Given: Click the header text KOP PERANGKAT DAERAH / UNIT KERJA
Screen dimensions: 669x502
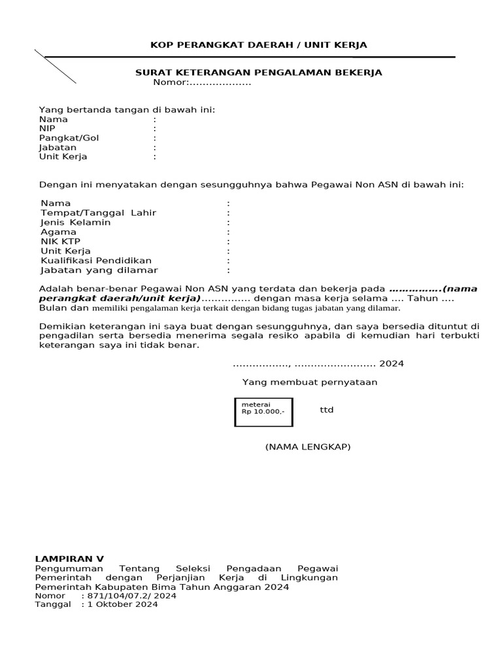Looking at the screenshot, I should [x=259, y=45].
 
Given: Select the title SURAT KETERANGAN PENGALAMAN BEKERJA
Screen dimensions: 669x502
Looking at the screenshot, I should [x=258, y=73].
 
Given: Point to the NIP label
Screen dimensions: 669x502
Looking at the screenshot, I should [x=48, y=129].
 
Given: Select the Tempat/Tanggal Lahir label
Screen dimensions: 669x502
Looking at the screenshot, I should [x=98, y=213].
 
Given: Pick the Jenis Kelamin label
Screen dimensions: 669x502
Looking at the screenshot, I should [x=75, y=222].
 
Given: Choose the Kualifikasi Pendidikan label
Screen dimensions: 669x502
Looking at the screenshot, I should [x=96, y=260].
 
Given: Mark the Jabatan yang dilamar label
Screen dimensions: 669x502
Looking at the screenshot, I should [x=99, y=270].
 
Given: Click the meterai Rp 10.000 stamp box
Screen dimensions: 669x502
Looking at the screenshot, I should [x=263, y=412].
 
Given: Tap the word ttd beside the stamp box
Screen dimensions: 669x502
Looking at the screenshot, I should [x=326, y=410].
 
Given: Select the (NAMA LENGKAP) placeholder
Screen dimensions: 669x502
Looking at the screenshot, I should [x=307, y=447].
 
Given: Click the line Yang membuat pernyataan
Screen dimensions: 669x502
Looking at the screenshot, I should [x=310, y=382].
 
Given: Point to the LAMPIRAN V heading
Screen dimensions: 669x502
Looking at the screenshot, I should [x=69, y=559].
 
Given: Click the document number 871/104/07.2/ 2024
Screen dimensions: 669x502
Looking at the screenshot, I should [x=128, y=596].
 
